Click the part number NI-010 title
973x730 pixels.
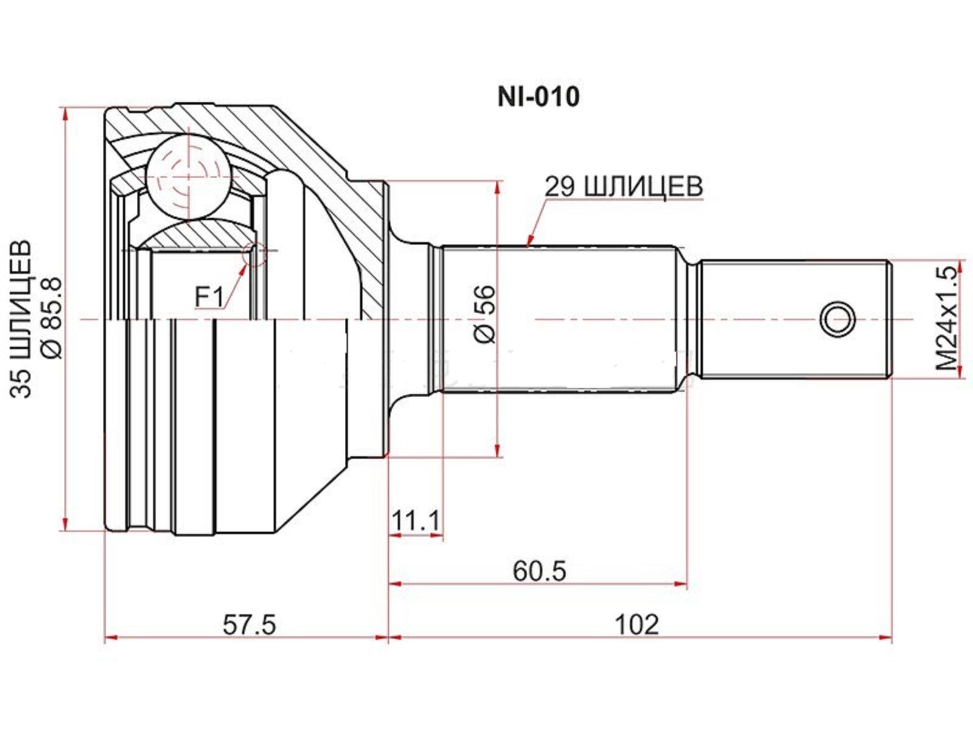[538, 97]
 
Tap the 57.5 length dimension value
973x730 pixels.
[249, 624]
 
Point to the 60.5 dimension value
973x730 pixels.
[539, 571]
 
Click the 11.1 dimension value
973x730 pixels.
[415, 521]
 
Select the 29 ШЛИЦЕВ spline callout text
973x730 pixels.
[623, 187]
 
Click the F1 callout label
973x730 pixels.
[209, 297]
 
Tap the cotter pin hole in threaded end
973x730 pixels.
[837, 318]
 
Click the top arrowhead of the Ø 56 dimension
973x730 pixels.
[498, 186]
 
